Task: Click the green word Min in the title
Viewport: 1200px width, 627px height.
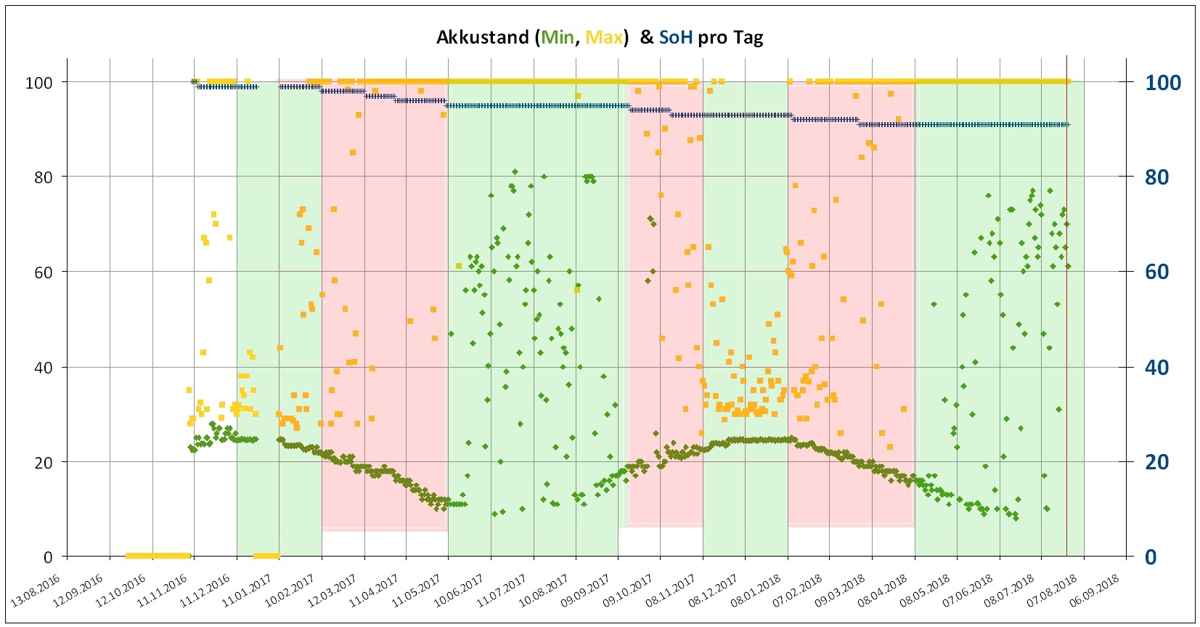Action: [558, 38]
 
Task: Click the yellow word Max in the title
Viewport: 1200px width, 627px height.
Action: [604, 38]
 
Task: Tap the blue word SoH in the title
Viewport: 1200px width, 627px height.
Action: [675, 38]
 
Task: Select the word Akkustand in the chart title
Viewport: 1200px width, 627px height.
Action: [482, 38]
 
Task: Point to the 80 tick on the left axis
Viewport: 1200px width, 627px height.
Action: [44, 177]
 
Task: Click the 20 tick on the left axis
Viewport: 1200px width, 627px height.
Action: [44, 462]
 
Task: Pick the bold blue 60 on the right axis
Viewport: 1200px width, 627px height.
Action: [1157, 272]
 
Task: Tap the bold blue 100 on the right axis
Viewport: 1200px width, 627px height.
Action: [1162, 82]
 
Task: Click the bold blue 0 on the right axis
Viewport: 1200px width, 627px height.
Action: [1151, 557]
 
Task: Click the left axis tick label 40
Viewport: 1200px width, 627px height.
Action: [44, 367]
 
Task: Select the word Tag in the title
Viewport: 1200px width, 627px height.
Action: [748, 38]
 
